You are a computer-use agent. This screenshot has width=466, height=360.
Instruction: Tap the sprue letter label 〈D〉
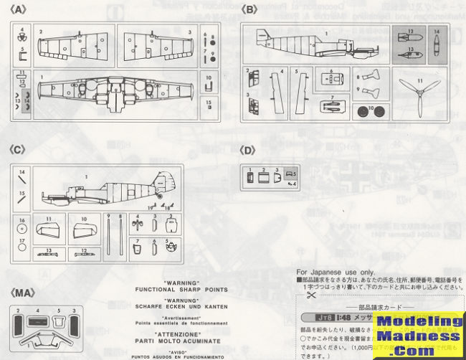tap(249, 151)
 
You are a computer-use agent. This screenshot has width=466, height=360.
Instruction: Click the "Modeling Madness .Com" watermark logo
tap(421, 336)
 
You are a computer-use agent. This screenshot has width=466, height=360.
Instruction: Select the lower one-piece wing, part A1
tap(115, 91)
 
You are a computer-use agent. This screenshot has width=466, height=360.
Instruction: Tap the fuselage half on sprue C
tap(108, 189)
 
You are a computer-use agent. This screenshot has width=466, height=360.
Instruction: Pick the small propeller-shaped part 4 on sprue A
tap(22, 34)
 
